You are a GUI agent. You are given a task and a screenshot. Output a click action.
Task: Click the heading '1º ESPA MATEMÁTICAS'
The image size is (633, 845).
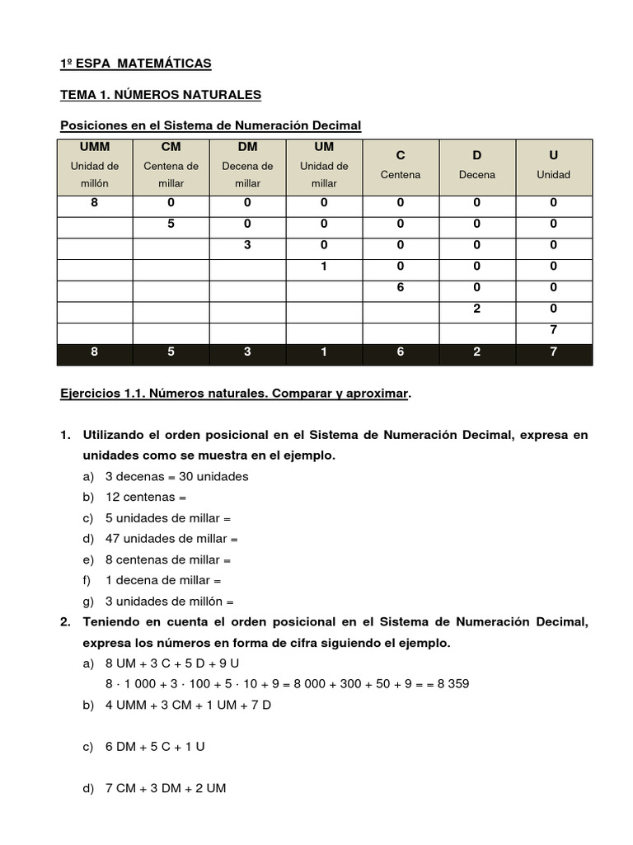point(136,64)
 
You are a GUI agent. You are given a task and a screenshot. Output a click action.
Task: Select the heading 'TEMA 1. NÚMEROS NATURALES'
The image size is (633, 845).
point(161,95)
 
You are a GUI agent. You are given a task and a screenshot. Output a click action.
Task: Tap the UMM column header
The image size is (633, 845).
point(95,147)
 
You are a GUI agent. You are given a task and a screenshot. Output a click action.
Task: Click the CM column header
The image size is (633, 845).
point(171,147)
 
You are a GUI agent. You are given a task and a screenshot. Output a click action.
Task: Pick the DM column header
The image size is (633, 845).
point(247,147)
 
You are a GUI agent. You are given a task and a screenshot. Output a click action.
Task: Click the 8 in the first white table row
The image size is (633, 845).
point(95,202)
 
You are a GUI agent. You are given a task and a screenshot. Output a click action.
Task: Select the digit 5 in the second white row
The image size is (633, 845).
point(171,224)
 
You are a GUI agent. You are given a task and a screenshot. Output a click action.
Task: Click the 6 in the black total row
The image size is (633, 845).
point(401,352)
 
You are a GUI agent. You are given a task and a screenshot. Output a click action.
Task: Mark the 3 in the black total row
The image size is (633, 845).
point(247,352)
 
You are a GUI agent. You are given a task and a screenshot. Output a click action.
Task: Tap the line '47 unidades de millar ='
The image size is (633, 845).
point(171,539)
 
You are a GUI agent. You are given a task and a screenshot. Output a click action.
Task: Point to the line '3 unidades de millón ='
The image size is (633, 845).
point(170,602)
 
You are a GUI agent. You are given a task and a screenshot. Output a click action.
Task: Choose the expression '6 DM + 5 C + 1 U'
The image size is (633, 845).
point(155,746)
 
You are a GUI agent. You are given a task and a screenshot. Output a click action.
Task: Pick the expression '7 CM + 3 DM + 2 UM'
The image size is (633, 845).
point(166,788)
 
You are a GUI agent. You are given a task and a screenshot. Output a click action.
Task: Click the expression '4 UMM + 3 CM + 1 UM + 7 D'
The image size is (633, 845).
point(189,705)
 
